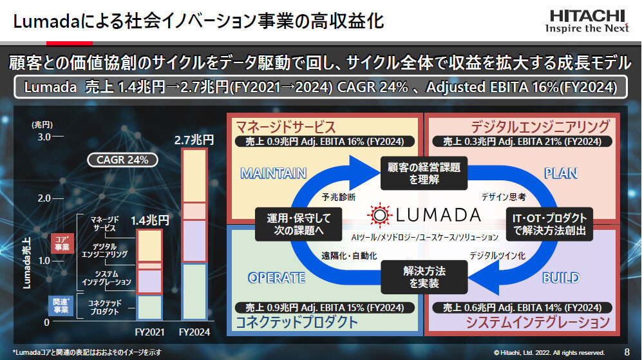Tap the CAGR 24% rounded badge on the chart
point(122,160)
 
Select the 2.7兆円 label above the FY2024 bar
point(194,140)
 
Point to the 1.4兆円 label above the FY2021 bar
point(150,221)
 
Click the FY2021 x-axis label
point(149,332)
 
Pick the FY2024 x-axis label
point(194,332)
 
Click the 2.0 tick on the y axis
point(44,198)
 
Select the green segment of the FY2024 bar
point(194,292)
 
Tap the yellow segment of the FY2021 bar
point(149,246)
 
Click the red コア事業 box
point(62,243)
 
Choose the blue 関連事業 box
point(61,306)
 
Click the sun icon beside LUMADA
point(379,215)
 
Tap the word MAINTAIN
point(274,174)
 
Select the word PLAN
point(561,174)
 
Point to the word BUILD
point(561,278)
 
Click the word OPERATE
point(277,278)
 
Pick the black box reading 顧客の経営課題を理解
point(424,173)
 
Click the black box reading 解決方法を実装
point(424,278)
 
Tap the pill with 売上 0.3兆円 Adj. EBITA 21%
point(522,142)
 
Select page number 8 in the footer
point(627,352)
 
